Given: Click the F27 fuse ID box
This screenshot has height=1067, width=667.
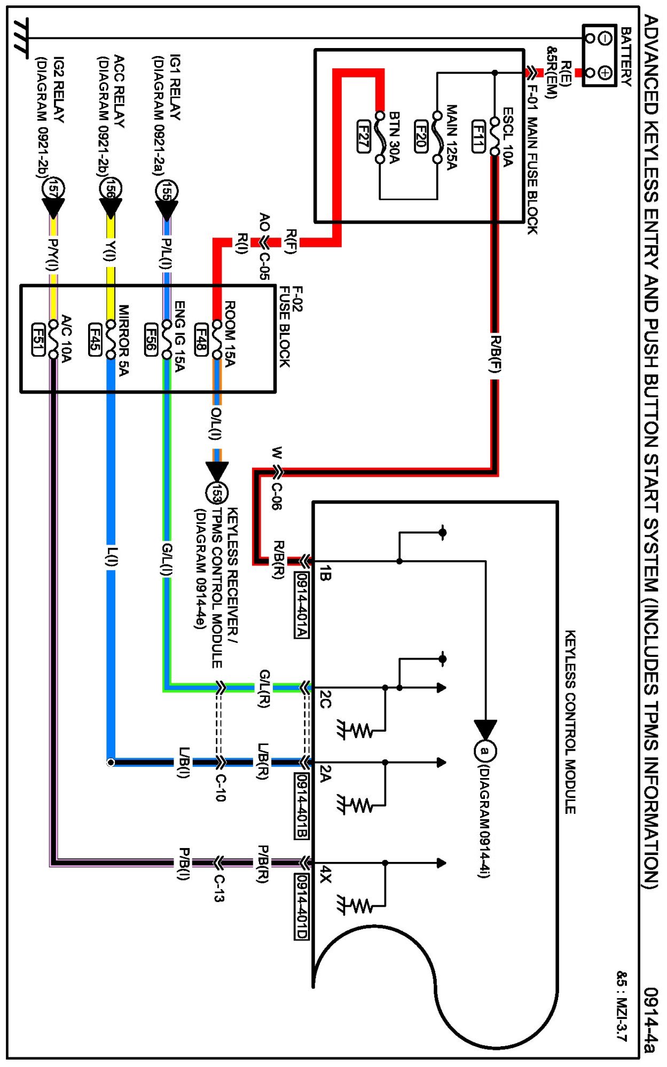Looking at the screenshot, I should coord(363,136).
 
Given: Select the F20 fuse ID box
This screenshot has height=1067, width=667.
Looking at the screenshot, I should coord(421,136).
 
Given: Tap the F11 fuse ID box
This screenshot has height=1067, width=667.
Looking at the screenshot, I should coord(478,136).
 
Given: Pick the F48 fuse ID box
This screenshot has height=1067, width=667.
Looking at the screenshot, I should coord(201,339).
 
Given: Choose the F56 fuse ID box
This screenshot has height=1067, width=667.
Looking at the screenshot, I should coord(151,339).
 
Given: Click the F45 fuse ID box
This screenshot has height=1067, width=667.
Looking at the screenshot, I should coord(95,339).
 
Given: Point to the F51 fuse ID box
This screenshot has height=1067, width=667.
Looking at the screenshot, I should coord(38,339).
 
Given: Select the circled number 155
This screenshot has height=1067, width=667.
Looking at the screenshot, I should coord(167,191).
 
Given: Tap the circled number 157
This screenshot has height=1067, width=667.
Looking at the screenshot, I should coord(53,189).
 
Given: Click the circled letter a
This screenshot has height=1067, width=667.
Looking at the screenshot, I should coord(485,750).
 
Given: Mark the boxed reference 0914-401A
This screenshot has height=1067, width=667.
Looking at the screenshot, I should coord(301,605).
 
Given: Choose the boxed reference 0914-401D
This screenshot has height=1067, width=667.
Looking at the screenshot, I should coord(301,906).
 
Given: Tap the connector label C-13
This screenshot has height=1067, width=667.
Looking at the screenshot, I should coord(219,888).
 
